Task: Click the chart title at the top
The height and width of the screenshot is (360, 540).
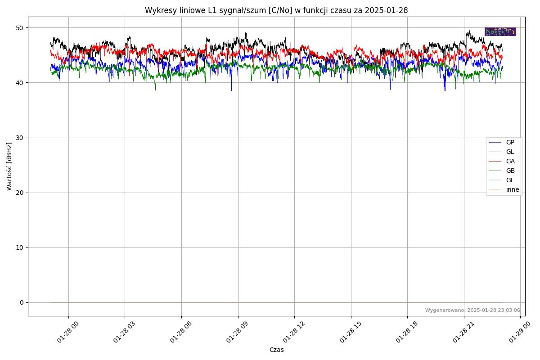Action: tap(276, 10)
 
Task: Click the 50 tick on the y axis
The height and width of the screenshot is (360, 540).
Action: tap(20, 28)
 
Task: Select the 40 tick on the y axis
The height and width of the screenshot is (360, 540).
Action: tap(20, 83)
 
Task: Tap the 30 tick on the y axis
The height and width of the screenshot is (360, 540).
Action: tap(20, 138)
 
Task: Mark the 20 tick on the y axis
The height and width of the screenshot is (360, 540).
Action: tap(20, 193)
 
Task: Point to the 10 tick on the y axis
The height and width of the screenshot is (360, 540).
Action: tap(20, 247)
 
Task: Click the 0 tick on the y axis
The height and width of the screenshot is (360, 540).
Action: tap(22, 302)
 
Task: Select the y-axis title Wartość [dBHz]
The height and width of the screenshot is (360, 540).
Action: tap(9, 166)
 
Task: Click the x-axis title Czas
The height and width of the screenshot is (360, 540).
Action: tap(276, 350)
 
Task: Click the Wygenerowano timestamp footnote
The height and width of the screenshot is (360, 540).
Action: tap(472, 310)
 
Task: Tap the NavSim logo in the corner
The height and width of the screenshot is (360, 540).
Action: tap(500, 31)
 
